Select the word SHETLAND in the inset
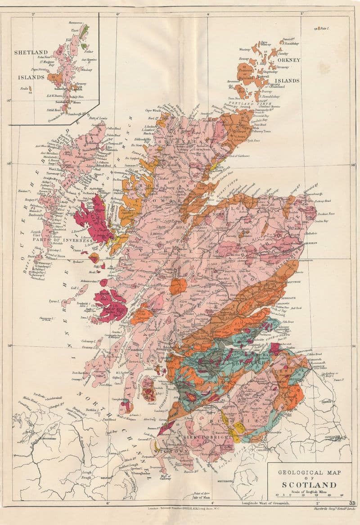[x=31, y=52]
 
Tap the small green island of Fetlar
[x=84, y=45]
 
